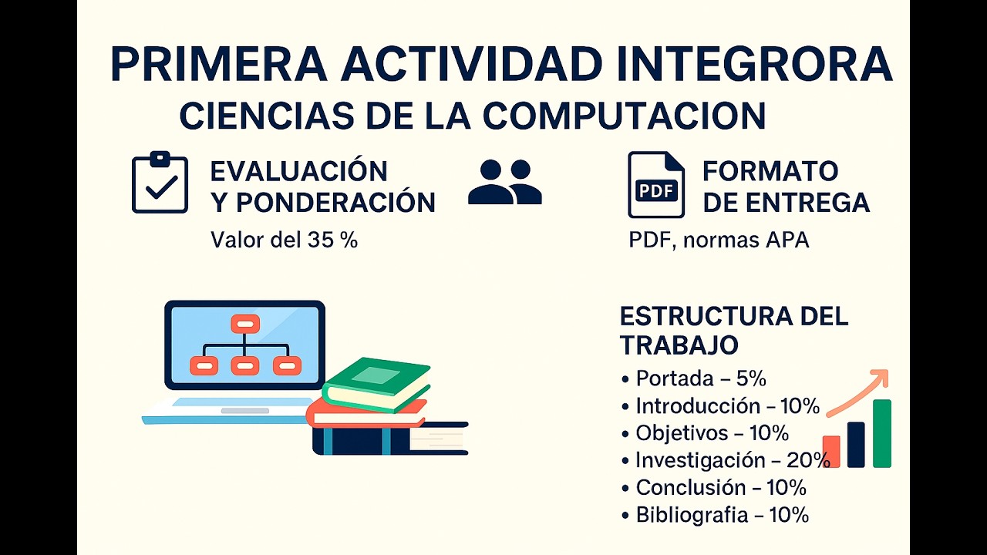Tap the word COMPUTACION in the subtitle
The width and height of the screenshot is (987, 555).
point(624,116)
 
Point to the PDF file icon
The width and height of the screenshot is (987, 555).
point(655,185)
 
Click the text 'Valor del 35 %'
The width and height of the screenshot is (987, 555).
point(284,240)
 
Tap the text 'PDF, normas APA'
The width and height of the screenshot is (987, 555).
point(719,240)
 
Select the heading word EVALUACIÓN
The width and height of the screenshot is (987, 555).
point(298,171)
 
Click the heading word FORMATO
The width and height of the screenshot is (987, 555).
point(770,171)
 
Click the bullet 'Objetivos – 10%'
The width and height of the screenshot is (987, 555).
point(712,432)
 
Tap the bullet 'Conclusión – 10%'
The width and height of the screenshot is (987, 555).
point(720,487)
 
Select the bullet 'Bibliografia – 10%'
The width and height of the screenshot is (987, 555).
point(722,515)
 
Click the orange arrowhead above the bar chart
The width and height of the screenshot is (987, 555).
point(880,378)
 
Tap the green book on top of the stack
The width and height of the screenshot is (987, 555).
point(376,382)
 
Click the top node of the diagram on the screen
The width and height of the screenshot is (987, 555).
point(244,324)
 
